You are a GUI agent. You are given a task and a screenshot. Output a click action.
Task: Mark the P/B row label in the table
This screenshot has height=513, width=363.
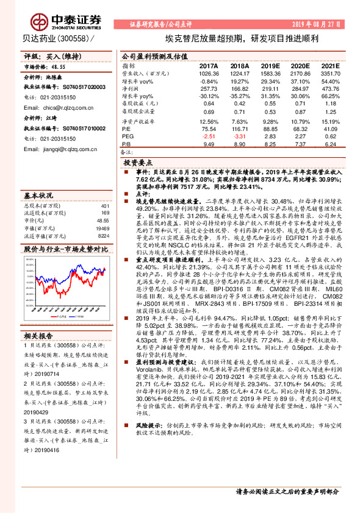click(126, 145)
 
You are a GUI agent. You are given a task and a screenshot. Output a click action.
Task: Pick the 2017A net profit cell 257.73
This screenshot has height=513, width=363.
click(208, 89)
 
